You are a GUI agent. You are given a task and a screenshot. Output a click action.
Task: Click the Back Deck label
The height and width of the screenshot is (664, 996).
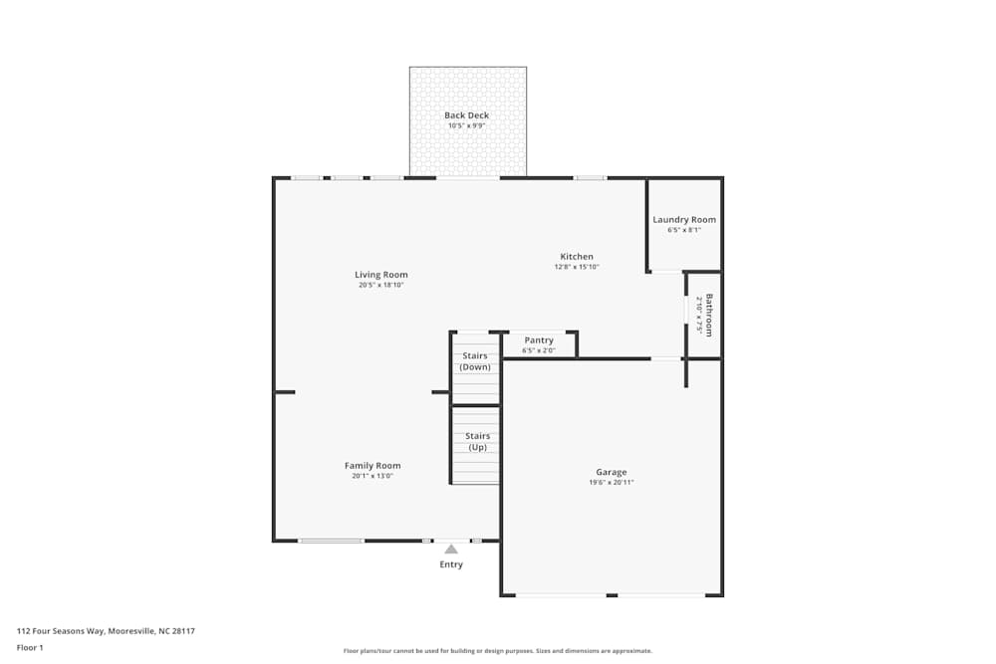click(x=466, y=115)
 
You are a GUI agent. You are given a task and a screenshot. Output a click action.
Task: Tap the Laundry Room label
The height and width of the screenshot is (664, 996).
click(x=684, y=220)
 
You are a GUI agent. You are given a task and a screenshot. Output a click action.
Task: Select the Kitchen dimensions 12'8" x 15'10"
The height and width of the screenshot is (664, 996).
click(x=577, y=267)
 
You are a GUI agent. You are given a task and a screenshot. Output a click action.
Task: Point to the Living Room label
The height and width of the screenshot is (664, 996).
click(x=381, y=275)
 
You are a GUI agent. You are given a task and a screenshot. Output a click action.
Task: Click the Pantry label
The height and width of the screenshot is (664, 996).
click(x=539, y=340)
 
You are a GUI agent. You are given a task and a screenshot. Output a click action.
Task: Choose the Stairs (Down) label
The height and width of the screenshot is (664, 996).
click(x=476, y=361)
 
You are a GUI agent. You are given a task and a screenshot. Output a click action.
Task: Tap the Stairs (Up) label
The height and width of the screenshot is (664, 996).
click(x=477, y=442)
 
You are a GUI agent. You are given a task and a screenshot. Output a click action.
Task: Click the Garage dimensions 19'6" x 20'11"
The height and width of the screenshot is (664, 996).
click(x=612, y=483)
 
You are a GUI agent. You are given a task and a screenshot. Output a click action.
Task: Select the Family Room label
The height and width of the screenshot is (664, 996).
click(x=373, y=466)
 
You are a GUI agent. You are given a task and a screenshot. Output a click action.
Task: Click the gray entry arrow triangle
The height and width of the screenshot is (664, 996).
click(x=451, y=549)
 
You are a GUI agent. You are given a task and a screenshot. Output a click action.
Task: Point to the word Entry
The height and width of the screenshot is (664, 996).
click(x=451, y=564)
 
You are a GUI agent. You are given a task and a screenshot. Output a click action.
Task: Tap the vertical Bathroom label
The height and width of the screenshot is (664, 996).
click(x=709, y=314)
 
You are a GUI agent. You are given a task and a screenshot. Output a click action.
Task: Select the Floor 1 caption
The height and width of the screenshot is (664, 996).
click(x=30, y=647)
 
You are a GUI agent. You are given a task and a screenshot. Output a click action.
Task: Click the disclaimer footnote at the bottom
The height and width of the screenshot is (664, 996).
click(x=498, y=651)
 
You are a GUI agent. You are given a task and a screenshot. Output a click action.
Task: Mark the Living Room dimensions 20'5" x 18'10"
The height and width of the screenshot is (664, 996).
click(x=381, y=285)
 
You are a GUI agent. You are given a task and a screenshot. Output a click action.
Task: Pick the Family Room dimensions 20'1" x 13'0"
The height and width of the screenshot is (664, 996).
click(x=373, y=476)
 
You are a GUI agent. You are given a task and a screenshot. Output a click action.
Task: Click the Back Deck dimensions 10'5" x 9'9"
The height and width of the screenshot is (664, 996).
click(x=466, y=126)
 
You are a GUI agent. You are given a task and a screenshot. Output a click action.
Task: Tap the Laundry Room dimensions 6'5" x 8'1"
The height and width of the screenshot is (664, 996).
click(x=684, y=230)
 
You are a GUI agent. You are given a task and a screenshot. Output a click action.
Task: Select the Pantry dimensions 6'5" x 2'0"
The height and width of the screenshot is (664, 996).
click(x=539, y=350)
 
